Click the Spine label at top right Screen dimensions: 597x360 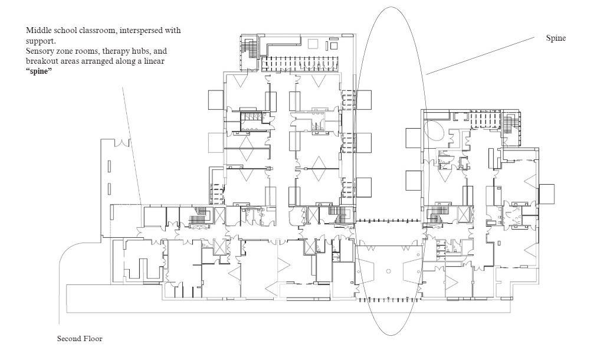[x=556, y=38]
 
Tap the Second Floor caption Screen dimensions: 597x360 [x=80, y=339]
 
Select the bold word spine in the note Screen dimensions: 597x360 [x=39, y=71]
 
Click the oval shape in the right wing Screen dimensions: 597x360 [x=434, y=130]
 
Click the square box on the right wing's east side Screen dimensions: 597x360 [x=546, y=194]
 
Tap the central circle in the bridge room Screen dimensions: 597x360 [x=388, y=271]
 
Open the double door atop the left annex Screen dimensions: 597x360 [x=123, y=143]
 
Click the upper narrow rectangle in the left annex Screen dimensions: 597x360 [x=109, y=166]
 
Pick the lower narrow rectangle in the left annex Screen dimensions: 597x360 [x=109, y=188]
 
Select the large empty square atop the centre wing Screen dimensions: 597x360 [x=313, y=43]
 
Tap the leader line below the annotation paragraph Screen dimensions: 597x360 [x=132, y=146]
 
